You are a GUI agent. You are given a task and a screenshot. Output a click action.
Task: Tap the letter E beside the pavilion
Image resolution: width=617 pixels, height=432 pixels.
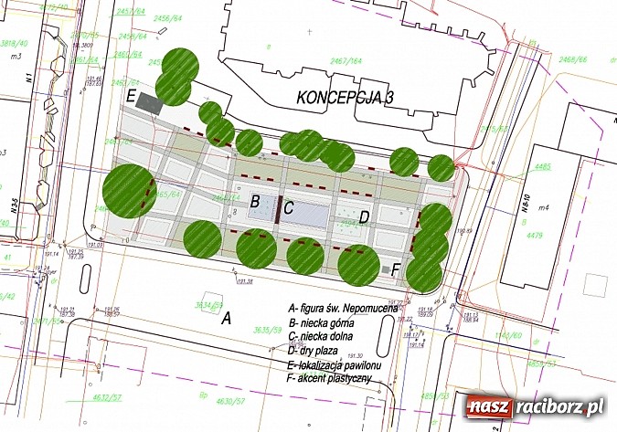[132, 95]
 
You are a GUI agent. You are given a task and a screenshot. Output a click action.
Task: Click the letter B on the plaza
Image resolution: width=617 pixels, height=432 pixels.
[256, 201]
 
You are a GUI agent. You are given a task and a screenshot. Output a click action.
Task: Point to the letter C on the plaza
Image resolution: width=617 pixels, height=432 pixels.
[288, 207]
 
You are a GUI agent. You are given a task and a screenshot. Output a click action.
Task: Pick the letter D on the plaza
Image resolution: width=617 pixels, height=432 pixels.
[363, 216]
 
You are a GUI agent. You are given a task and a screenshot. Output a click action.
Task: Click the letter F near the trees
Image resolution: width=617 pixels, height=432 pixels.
[395, 270]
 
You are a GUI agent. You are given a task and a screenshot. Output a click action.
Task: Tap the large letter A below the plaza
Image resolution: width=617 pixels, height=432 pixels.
[226, 319]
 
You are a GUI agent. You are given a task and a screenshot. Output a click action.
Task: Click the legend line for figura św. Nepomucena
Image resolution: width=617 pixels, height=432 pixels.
[343, 309]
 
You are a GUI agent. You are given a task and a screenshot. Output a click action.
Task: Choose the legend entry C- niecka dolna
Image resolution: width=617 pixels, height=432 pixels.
[327, 337]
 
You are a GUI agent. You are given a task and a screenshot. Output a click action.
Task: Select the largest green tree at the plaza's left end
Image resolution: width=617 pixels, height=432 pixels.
[130, 190]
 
